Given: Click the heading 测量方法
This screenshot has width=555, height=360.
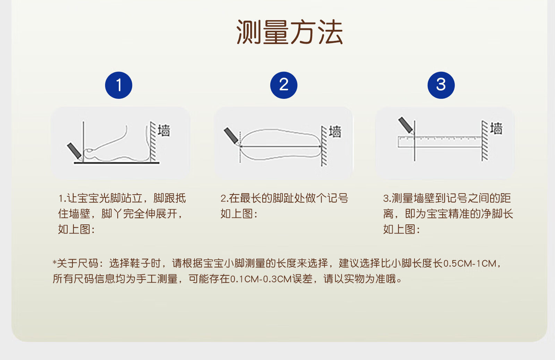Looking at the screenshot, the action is (289, 32).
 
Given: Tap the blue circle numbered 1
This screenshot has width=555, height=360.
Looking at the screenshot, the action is (119, 85).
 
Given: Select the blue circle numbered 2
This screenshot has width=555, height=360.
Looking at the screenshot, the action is (284, 85).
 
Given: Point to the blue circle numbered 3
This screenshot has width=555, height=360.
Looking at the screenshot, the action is (441, 85).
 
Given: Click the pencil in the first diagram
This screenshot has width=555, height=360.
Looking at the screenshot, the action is (75, 151).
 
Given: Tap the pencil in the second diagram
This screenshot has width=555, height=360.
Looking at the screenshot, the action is (231, 136).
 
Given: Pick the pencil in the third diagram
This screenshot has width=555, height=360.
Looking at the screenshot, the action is (405, 125).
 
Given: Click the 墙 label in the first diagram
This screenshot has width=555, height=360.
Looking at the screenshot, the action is (164, 130).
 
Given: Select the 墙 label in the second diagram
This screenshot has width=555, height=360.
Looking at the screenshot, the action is (335, 131).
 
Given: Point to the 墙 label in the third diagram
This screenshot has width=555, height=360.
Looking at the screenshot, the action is (496, 128).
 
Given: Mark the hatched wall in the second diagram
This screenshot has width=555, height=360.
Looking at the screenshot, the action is (324, 146).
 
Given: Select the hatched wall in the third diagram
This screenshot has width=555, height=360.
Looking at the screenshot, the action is (485, 140).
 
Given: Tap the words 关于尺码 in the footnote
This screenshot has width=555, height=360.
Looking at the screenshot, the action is (78, 263).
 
